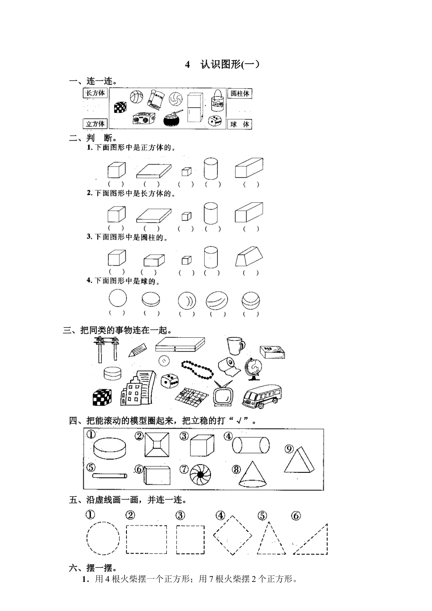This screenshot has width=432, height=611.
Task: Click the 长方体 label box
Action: click(x=95, y=93)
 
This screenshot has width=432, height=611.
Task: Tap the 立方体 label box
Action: click(x=95, y=124)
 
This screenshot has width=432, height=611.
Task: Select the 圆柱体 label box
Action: click(x=240, y=94)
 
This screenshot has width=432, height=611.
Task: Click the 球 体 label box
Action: click(x=240, y=124)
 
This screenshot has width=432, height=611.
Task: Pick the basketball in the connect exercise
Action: click(x=136, y=97)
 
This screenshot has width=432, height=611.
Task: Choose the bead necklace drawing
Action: click(x=197, y=369)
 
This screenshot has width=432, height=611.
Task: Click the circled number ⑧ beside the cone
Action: click(x=236, y=469)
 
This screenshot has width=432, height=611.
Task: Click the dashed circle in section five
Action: click(x=103, y=538)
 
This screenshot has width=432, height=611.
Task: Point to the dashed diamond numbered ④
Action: click(x=232, y=536)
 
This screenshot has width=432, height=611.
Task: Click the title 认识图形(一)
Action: click(x=223, y=64)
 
